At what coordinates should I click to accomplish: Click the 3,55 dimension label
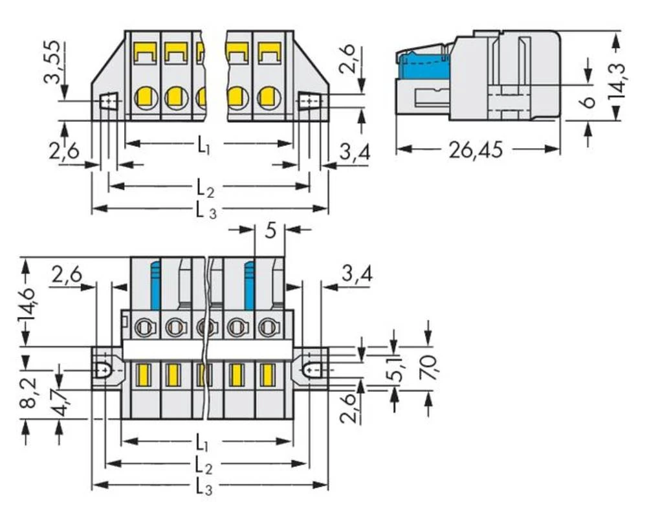point(52,63)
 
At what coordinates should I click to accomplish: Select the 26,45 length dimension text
point(476,150)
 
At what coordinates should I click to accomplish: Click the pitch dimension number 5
point(270,230)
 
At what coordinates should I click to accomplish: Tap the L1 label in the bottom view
point(203,443)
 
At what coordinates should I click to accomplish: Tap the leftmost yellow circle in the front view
point(146,98)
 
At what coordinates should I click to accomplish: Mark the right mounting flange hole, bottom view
point(313,370)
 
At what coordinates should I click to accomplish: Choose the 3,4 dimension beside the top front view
point(355,153)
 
